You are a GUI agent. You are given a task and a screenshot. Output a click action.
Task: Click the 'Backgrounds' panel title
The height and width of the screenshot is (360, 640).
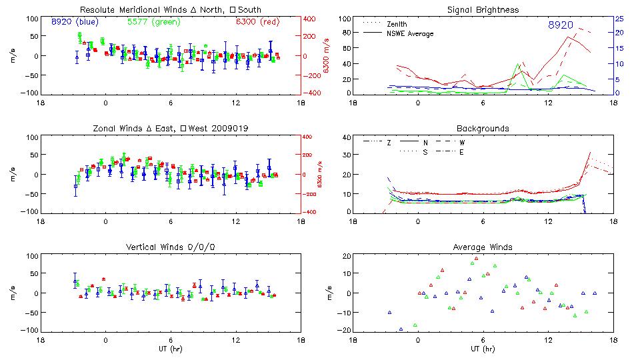(x=483, y=128)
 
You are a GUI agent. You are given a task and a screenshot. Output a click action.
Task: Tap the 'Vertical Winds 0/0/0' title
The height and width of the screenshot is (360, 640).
(x=170, y=247)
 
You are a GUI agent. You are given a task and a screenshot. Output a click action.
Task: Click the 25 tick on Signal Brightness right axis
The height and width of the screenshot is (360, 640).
(x=619, y=19)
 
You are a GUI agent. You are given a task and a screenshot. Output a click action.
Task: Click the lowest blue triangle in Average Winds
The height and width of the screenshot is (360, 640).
(x=401, y=329)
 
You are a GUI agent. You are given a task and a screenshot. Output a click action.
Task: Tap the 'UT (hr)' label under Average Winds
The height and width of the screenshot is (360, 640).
(x=483, y=348)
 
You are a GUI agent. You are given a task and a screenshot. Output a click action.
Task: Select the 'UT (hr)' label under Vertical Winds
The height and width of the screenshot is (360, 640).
(x=170, y=348)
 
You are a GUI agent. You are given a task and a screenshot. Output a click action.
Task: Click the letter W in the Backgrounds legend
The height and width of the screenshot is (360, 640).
(x=461, y=142)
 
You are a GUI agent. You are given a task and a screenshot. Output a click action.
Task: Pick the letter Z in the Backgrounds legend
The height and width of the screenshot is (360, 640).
(x=389, y=142)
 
